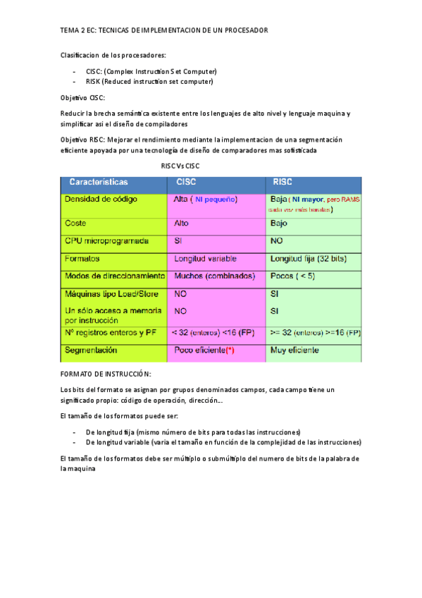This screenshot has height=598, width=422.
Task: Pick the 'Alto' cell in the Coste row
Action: [x=181, y=223]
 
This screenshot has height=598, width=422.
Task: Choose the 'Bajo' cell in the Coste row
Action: [x=279, y=223]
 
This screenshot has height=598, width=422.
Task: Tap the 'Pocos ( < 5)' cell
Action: [x=292, y=276]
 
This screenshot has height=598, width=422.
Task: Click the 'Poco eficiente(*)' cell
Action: [x=204, y=350]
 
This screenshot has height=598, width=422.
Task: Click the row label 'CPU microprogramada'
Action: [x=107, y=241]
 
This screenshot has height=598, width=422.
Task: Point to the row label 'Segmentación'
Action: [x=91, y=350]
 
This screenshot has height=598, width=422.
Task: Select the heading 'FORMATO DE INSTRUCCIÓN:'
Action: [x=106, y=373]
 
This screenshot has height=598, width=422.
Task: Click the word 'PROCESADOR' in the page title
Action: [x=244, y=30]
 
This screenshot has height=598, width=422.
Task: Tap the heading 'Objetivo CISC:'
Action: [x=83, y=97]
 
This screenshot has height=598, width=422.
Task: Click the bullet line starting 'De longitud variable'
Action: [x=223, y=442]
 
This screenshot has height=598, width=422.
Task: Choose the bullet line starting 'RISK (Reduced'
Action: [x=149, y=81]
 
